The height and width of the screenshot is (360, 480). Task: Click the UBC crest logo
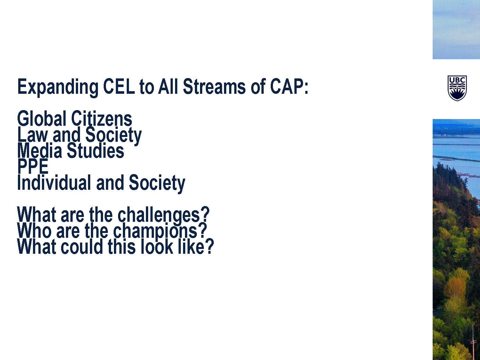(457, 88)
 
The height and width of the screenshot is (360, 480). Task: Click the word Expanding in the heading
(58, 87)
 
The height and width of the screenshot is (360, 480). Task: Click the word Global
(42, 118)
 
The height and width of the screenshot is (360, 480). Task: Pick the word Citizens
(102, 118)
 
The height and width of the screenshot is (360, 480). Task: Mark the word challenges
(159, 215)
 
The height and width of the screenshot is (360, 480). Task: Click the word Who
(34, 231)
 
